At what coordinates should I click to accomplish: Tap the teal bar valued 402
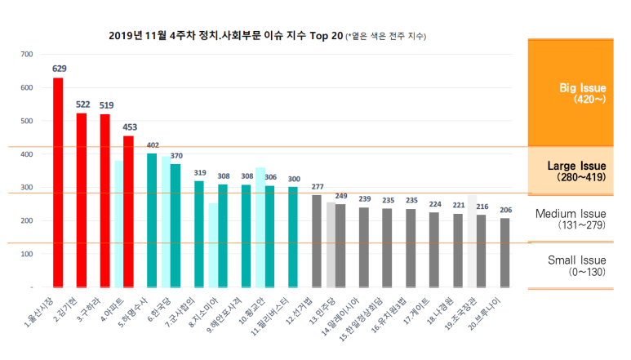click(152, 220)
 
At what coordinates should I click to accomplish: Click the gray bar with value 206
click(505, 252)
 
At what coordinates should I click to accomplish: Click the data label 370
click(176, 155)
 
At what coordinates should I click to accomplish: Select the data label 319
click(199, 172)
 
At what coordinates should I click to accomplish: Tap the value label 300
click(294, 179)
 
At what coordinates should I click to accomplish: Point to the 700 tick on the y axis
click(27, 54)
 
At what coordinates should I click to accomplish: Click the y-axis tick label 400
click(27, 154)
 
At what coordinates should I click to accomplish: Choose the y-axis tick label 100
click(27, 254)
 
